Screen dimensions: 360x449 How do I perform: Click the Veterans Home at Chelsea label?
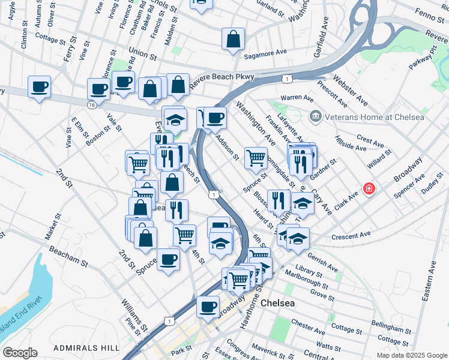point(375,116)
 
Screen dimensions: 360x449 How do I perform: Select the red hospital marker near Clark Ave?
point(369,189)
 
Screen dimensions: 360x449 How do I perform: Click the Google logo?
point(20,353)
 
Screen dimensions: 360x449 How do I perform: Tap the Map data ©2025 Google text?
point(411,355)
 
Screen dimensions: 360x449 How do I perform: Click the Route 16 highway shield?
point(91,104)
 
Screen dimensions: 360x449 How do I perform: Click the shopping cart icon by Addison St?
point(256,157)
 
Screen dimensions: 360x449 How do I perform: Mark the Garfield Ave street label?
point(319,39)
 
